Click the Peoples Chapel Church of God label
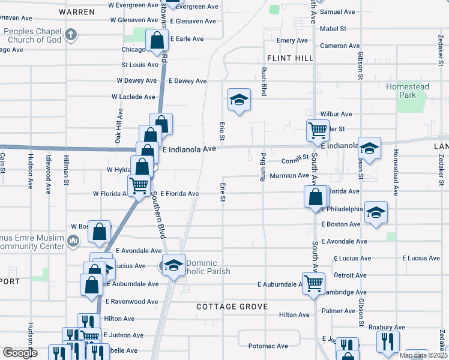[x=32, y=35]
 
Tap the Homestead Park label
[x=408, y=91]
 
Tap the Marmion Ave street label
[x=289, y=176]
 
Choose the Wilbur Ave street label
[x=336, y=113]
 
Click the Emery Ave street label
[x=292, y=40]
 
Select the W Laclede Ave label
[x=133, y=97]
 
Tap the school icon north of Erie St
[x=239, y=100]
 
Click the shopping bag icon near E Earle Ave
[x=157, y=42]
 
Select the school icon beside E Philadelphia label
[x=376, y=212]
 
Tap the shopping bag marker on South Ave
[x=316, y=197]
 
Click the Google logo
[x=20, y=353]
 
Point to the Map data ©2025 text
[x=423, y=355]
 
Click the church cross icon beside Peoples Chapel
[x=71, y=35]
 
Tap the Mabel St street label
[x=334, y=28]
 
